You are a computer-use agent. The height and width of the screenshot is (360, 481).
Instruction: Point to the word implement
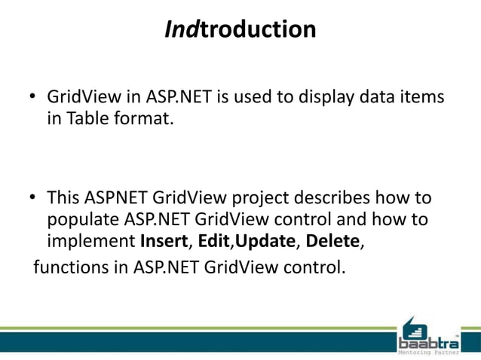[91, 241]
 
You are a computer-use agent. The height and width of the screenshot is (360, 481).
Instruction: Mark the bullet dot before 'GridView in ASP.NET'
[33, 98]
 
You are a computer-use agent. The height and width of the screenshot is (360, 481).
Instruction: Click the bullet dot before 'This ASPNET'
[33, 200]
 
